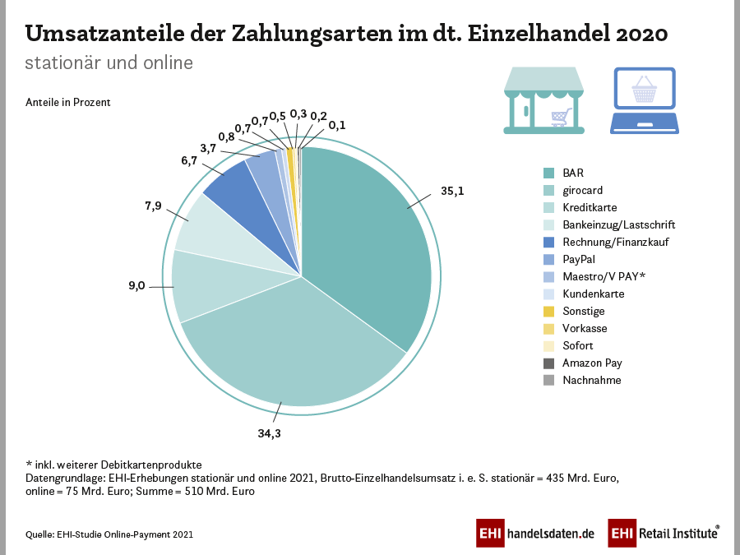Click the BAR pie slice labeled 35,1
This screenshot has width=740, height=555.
370,238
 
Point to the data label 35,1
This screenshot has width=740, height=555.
453,191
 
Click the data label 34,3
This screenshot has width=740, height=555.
270,433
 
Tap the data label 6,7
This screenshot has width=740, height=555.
188,161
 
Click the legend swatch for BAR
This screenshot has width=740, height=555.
548,173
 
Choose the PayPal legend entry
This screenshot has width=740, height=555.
579,259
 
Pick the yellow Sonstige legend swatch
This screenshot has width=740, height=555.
548,311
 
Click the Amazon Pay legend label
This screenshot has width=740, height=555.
592,363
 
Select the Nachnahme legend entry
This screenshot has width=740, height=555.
591,380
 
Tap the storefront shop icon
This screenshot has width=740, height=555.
543,99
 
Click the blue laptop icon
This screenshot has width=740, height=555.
644,99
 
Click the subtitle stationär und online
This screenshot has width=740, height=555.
109,62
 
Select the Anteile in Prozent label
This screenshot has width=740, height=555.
67,103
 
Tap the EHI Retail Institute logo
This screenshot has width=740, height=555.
664,533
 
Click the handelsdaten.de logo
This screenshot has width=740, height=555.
535,533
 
